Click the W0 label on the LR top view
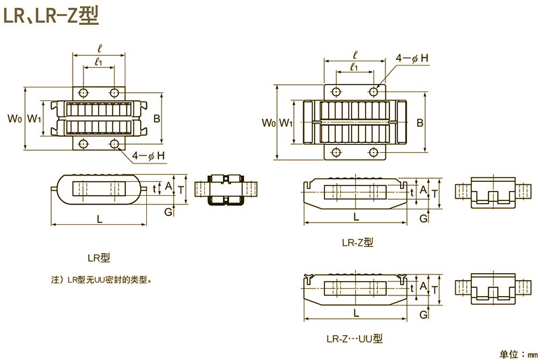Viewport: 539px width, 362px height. [15, 119]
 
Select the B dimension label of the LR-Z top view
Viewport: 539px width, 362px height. [420, 122]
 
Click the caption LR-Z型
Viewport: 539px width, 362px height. [357, 242]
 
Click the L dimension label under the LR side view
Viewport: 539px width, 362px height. [100, 217]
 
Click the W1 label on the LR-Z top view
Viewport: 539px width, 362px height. [286, 122]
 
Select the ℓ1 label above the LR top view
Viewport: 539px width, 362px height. [98, 62]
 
